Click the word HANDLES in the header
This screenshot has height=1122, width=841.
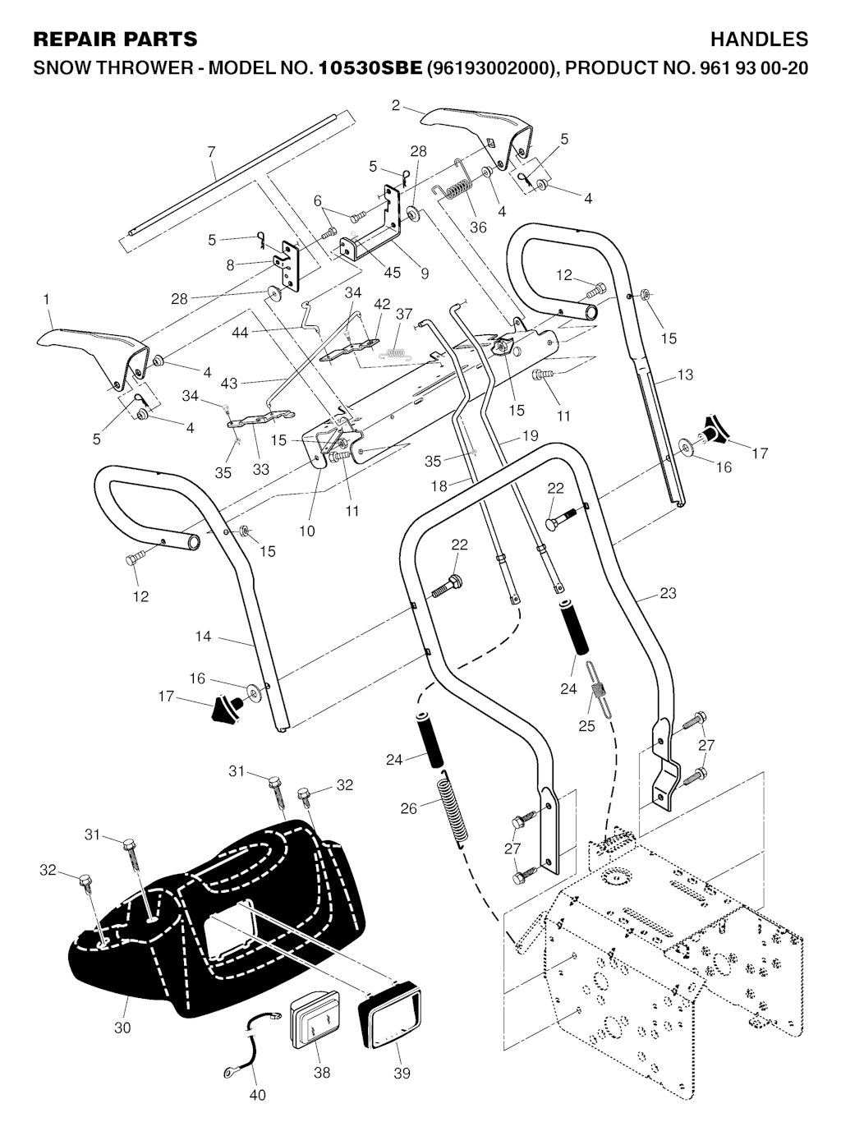759,39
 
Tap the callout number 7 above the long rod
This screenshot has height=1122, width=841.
211,152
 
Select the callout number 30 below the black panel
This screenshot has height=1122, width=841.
122,1027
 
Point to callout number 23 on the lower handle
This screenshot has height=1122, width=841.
668,592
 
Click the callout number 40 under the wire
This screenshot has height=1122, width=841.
256,1094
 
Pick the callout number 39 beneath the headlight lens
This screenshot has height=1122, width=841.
402,1072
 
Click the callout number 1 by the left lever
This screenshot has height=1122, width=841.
47,301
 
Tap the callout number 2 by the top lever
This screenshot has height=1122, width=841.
396,105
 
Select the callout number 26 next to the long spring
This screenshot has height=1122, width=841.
408,808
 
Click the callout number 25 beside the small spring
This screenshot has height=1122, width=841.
586,726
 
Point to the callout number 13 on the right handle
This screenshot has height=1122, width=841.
685,375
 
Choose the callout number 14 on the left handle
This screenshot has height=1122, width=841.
203,636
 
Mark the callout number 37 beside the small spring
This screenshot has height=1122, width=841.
403,315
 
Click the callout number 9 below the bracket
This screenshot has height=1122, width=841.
425,274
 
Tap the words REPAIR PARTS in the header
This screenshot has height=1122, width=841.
115,39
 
